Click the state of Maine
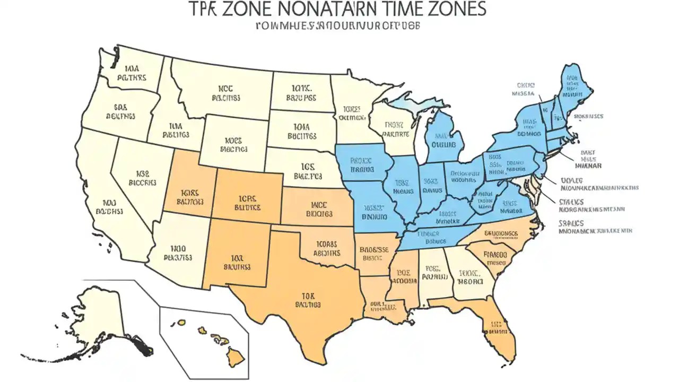[573, 85]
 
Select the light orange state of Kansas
[318, 207]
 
